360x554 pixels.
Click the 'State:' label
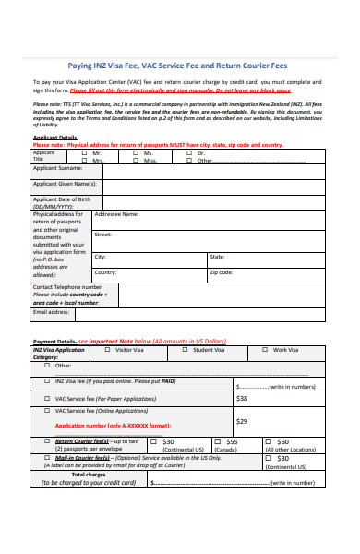click(x=217, y=257)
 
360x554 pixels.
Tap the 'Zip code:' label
click(x=222, y=272)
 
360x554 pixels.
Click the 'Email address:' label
click(x=52, y=312)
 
